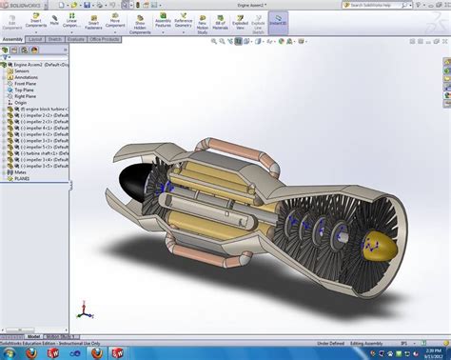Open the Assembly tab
pyautogui.click(x=11, y=41)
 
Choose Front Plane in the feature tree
pyautogui.click(x=26, y=85)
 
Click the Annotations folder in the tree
pyautogui.click(x=26, y=77)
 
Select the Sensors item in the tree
pyautogui.click(x=22, y=70)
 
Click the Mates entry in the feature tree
pyautogui.click(x=20, y=170)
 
